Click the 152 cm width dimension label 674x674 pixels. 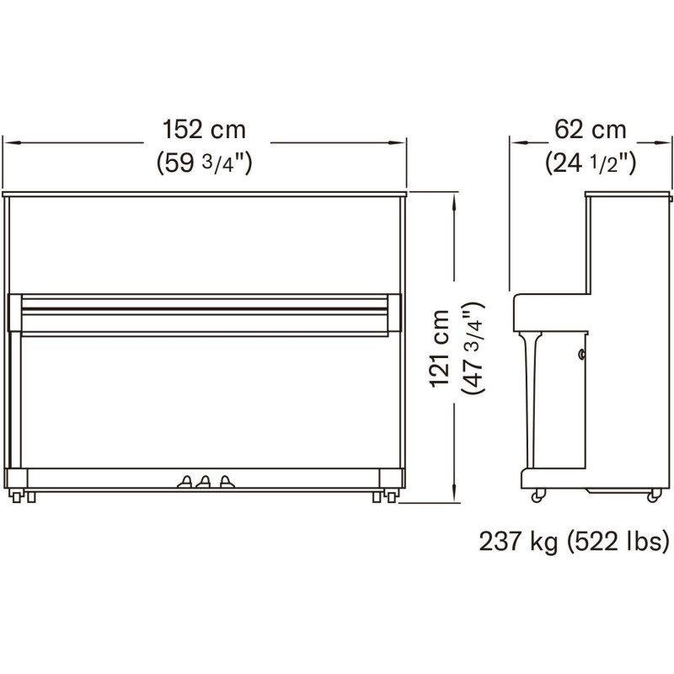click(x=204, y=129)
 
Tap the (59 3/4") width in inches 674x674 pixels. click(x=204, y=163)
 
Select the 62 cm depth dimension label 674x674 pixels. click(x=591, y=129)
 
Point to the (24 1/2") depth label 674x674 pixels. click(x=591, y=163)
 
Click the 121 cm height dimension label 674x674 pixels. click(x=440, y=348)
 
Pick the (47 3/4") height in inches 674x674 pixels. click(x=473, y=347)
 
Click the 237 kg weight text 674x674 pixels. click(x=518, y=542)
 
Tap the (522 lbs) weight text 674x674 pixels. click(x=618, y=542)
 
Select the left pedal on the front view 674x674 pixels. click(x=185, y=482)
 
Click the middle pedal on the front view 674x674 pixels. click(x=204, y=482)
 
